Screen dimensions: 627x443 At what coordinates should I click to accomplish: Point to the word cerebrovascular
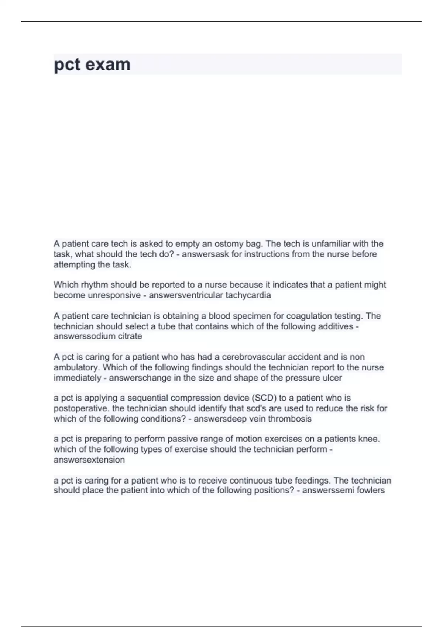pyautogui.click(x=253, y=357)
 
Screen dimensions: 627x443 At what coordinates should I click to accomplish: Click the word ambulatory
pyautogui.click(x=77, y=367)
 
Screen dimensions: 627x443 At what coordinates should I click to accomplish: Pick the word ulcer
pyautogui.click(x=332, y=378)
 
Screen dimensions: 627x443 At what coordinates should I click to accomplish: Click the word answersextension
pyautogui.click(x=89, y=460)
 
